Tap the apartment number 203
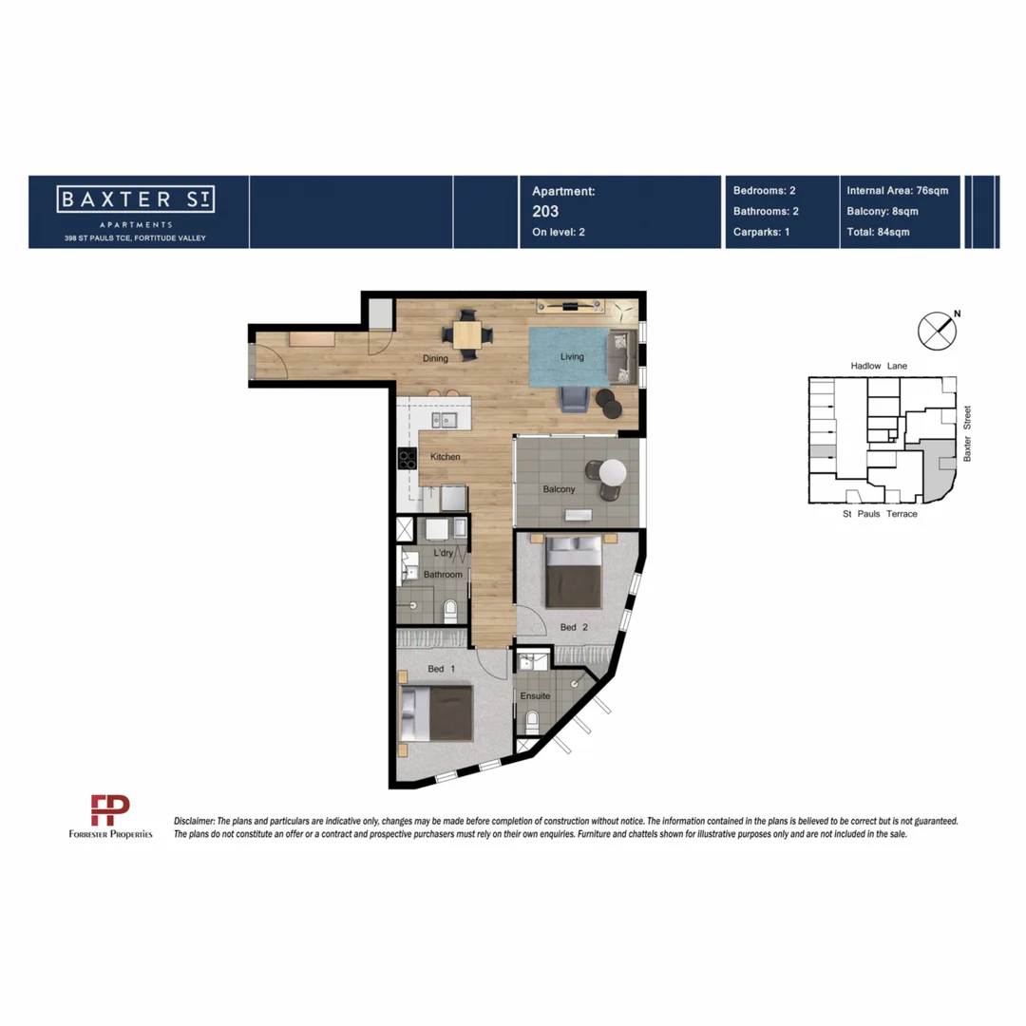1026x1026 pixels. click(545, 211)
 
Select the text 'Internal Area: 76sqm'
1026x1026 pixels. click(897, 190)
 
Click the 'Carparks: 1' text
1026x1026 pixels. click(762, 232)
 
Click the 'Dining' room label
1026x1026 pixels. click(435, 358)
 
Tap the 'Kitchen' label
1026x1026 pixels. click(445, 457)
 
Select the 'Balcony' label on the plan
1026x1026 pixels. click(559, 489)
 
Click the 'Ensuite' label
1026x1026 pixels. click(535, 695)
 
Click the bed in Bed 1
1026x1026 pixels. click(436, 713)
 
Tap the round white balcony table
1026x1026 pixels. click(612, 472)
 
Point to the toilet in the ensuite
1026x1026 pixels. click(533, 722)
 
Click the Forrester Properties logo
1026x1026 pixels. click(110, 817)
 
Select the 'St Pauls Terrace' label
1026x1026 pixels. click(880, 514)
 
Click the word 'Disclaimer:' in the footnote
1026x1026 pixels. click(195, 820)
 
